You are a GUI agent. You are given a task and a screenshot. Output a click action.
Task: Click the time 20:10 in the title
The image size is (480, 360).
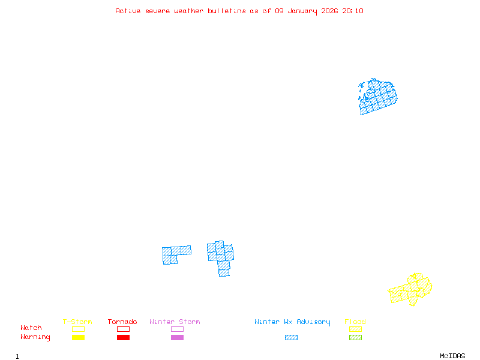[353, 11]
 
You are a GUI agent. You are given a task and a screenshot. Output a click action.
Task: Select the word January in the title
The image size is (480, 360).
[305, 11]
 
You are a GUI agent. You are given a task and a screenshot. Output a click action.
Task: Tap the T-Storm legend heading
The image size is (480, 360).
[77, 322]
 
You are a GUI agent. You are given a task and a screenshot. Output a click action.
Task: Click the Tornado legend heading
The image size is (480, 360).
[122, 322]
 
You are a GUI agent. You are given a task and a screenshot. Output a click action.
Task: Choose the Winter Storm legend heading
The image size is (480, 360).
[175, 322]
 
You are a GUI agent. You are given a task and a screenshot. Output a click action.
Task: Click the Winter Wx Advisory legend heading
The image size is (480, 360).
[292, 322]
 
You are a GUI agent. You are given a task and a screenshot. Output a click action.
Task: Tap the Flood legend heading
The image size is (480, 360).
[355, 322]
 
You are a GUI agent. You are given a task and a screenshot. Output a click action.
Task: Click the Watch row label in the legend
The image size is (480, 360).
[31, 328]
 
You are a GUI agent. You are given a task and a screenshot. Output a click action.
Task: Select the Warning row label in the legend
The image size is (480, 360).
[35, 337]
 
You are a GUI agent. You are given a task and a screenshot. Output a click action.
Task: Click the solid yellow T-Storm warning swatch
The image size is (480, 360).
[78, 338]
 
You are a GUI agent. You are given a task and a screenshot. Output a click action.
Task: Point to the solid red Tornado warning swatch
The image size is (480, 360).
[123, 338]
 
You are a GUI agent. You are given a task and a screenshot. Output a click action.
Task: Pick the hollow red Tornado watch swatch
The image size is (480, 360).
[123, 329]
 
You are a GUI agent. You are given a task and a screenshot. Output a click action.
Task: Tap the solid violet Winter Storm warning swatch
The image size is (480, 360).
[177, 338]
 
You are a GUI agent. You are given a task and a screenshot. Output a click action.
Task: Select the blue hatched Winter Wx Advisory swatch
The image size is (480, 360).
[291, 338]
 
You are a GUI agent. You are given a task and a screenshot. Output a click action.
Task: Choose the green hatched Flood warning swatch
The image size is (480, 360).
[355, 338]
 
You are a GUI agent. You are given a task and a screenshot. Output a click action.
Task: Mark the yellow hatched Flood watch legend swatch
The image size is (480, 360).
[355, 329]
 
